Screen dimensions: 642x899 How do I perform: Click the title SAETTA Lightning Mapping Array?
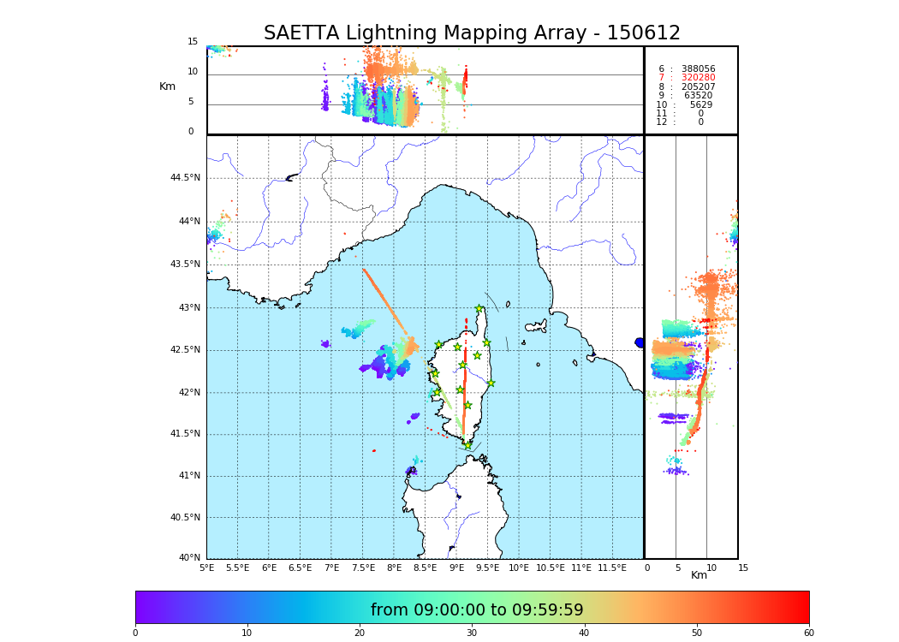tap(472, 33)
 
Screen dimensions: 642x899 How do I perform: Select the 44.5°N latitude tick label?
tap(185, 178)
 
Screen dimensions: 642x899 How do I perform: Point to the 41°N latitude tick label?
tap(188, 476)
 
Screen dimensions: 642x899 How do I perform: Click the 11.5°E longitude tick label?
tap(611, 568)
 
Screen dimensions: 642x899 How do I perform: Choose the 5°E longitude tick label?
tap(206, 568)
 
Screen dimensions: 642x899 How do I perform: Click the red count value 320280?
tap(698, 78)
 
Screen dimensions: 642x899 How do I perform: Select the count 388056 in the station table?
tap(698, 69)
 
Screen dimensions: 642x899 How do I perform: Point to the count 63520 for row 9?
tap(698, 96)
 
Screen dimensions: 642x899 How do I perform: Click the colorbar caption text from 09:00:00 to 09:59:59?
tap(477, 610)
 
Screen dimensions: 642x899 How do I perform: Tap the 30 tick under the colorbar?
tap(472, 633)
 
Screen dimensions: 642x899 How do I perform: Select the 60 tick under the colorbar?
tap(808, 633)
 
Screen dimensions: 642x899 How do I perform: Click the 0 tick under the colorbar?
tap(135, 633)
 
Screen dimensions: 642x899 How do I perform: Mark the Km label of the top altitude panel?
tap(167, 86)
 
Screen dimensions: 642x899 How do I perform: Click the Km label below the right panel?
tap(699, 575)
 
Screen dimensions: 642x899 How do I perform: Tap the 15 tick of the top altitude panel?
tap(193, 42)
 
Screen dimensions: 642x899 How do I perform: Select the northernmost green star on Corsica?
tap(479, 309)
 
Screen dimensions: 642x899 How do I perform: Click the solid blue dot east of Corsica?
tap(640, 342)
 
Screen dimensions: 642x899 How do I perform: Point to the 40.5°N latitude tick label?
tap(185, 518)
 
